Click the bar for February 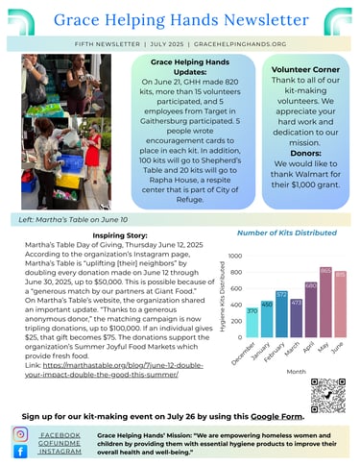pyautogui.click(x=281, y=313)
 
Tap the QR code pyautogui.click(x=328, y=395)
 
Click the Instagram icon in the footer pyautogui.click(x=21, y=434)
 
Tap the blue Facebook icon pyautogui.click(x=21, y=452)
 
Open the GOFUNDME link pyautogui.click(x=60, y=442)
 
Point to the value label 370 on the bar pyautogui.click(x=252, y=311)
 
